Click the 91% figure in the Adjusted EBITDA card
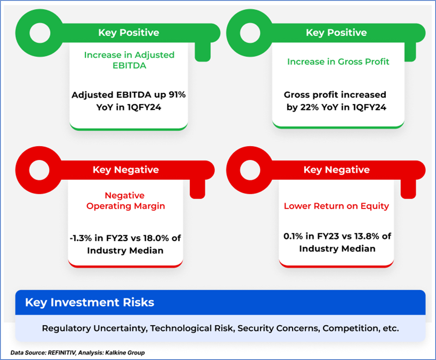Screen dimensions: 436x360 tap(177, 95)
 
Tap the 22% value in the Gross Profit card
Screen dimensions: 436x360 tap(310, 107)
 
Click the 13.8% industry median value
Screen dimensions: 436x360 tap(367, 236)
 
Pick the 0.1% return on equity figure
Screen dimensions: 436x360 tap(293, 236)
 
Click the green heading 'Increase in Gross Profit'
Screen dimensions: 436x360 tap(338, 62)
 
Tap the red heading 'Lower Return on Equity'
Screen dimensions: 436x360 tap(336, 206)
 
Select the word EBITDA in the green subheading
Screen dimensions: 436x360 tap(129, 66)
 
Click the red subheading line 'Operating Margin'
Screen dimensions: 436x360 tap(126, 206)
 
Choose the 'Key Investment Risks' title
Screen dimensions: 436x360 tap(90, 302)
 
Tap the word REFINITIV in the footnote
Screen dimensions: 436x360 tap(62, 353)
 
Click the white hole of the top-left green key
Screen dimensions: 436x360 tap(40, 33)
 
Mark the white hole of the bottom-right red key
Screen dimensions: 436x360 tap(250, 170)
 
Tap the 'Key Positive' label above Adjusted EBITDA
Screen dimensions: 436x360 tap(129, 33)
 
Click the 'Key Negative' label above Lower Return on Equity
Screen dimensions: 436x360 tap(336, 170)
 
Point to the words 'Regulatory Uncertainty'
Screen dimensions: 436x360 tap(94, 329)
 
